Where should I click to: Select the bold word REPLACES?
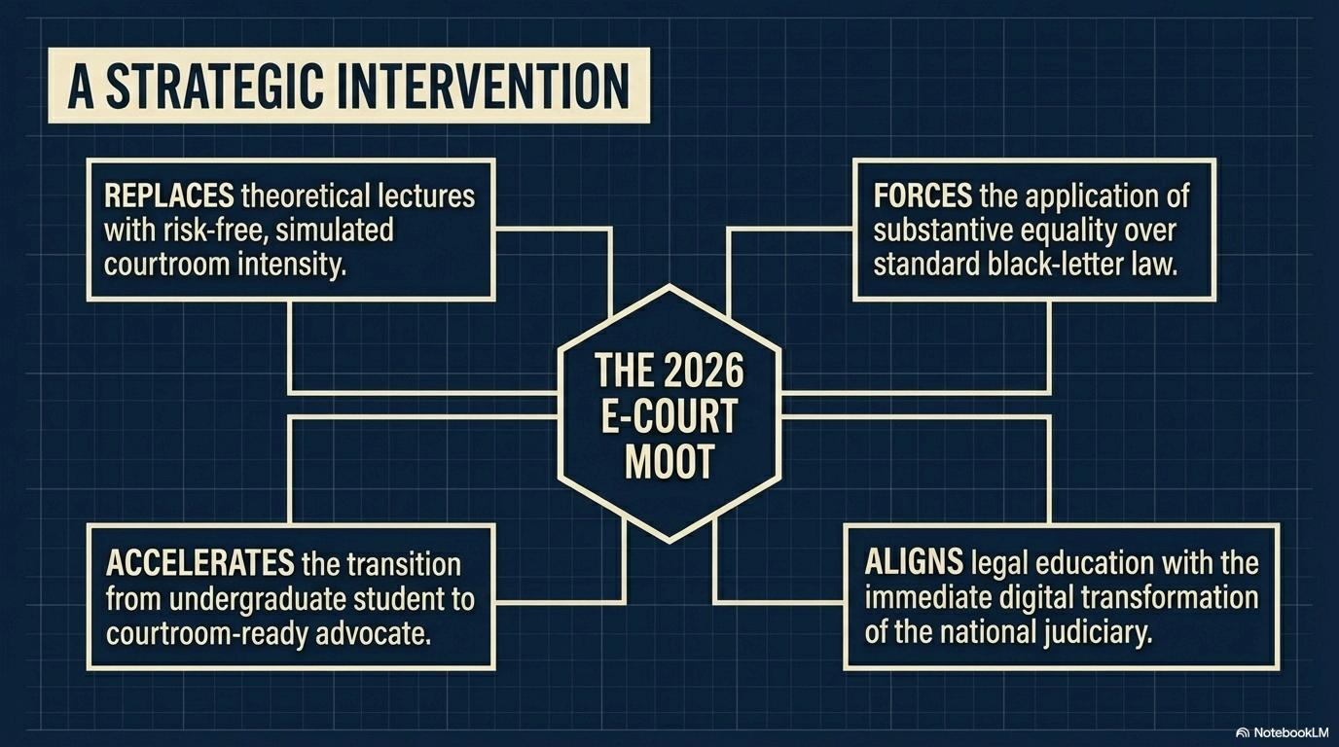pyautogui.click(x=168, y=196)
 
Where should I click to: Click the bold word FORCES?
pyautogui.click(x=923, y=196)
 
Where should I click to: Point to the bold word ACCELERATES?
pyautogui.click(x=199, y=563)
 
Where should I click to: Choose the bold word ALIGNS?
pyautogui.click(x=914, y=563)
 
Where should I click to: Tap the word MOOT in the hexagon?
pyautogui.click(x=669, y=463)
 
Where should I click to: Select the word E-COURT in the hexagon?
pyautogui.click(x=669, y=417)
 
